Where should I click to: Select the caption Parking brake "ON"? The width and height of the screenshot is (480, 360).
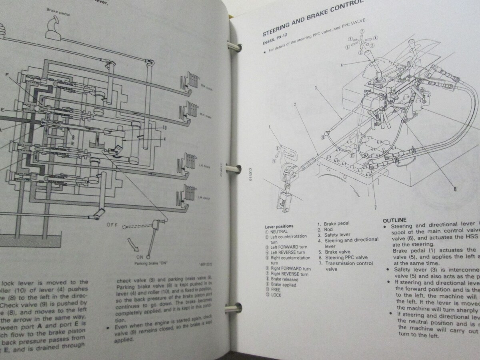point(150,264)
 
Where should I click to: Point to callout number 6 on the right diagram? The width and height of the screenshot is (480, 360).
point(455,190)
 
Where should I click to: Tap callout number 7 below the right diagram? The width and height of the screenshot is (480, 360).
point(375,207)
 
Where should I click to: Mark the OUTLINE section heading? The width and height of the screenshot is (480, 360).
point(394,220)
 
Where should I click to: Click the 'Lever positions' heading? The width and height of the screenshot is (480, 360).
point(279,226)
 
